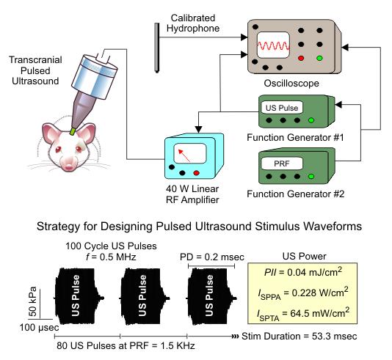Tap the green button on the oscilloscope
coord(319,58)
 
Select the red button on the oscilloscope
coord(301,58)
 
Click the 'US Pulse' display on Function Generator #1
coord(281,108)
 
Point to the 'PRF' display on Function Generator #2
coord(281,164)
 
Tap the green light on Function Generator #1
coord(311,120)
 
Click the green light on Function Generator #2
coord(311,177)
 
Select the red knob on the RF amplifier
coord(196,173)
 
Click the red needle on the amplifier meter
coord(184,155)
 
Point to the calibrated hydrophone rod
coord(157,48)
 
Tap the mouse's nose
coord(69,166)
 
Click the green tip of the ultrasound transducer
coord(73,131)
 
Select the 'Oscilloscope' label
coord(291,83)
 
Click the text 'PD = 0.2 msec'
coord(212,257)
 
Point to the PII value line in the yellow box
coord(303,272)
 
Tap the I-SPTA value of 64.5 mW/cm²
coord(303,314)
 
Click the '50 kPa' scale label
coord(33,302)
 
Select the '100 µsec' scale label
coord(39,327)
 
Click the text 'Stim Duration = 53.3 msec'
coord(299,336)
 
